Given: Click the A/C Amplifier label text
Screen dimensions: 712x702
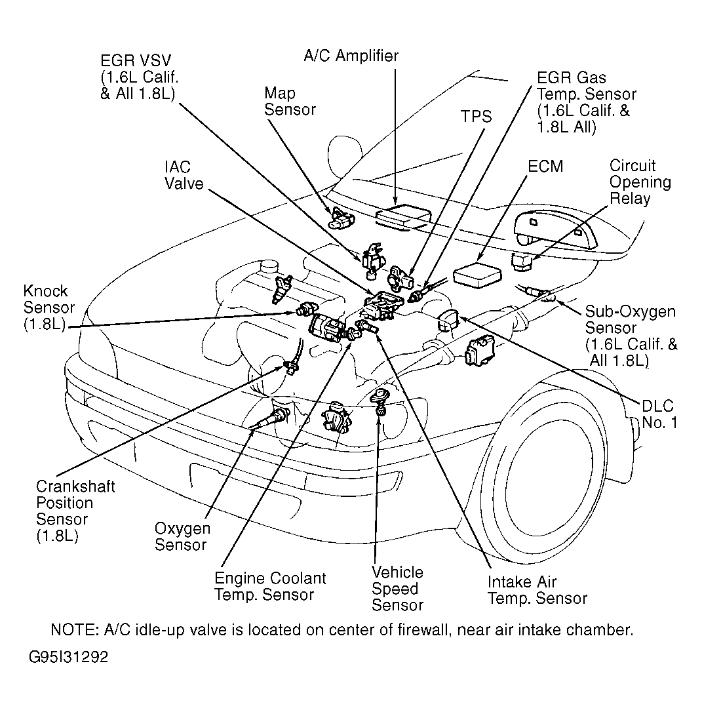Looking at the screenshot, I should [x=351, y=56].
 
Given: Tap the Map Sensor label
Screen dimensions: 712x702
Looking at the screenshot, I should [x=290, y=100].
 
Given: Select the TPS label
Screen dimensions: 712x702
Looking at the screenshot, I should [x=475, y=117].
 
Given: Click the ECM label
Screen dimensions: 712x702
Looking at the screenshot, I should [x=545, y=166].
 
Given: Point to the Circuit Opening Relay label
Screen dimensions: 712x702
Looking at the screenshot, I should [x=640, y=182].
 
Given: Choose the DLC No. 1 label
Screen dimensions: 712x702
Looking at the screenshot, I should [x=658, y=414].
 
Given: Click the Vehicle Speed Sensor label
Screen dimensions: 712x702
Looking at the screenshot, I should [x=397, y=588].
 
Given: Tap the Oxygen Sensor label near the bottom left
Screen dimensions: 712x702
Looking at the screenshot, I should [x=182, y=536].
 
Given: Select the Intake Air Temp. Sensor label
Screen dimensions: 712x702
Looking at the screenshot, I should [x=537, y=589].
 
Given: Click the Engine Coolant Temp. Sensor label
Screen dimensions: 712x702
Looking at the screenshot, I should [x=270, y=586].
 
